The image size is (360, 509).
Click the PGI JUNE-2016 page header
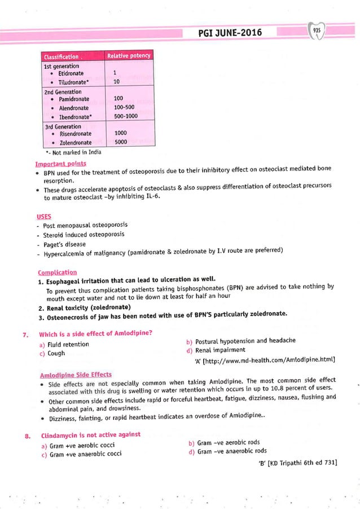click(x=230, y=33)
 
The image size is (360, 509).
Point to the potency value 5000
click(x=121, y=142)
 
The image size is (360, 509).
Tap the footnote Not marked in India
click(x=72, y=152)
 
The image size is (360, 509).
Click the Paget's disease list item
click(x=64, y=244)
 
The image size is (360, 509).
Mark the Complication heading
click(x=56, y=270)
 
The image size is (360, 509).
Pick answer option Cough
click(x=56, y=353)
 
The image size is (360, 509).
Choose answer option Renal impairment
click(x=219, y=350)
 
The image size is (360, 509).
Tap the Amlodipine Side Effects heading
click(x=76, y=375)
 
